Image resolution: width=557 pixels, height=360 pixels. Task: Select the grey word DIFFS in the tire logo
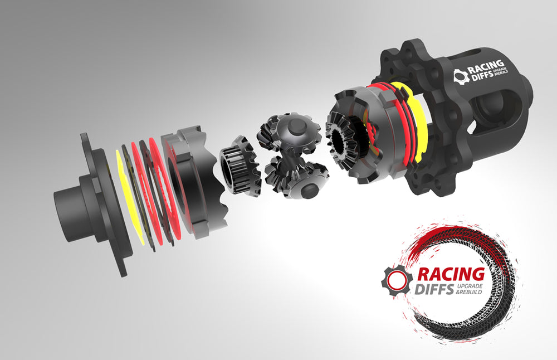(x=435, y=289)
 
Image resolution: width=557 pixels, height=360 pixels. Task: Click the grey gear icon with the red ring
(x=396, y=280)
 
